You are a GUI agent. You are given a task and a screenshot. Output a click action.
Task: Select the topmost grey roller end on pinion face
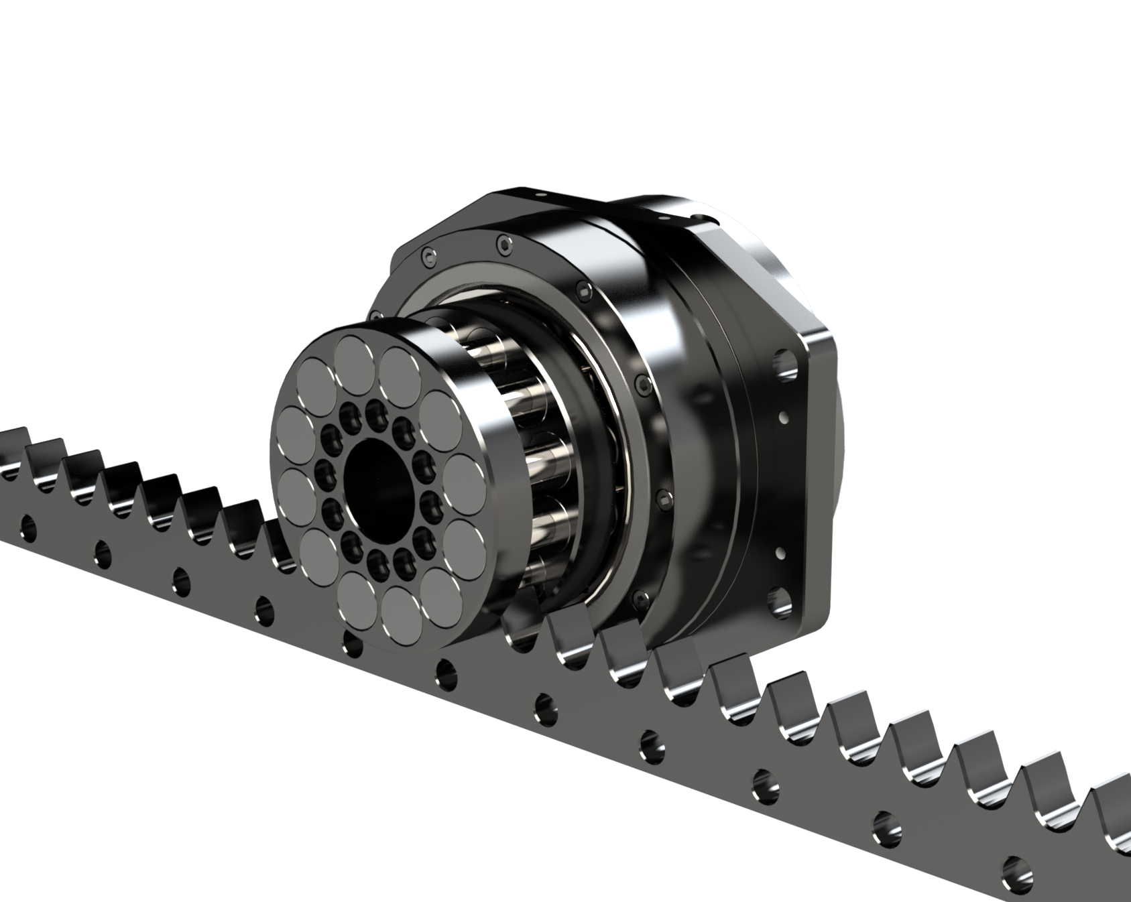coord(355,357)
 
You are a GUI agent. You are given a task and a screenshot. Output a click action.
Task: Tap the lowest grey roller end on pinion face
coord(402,615)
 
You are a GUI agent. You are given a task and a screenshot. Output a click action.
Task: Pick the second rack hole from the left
coord(103,552)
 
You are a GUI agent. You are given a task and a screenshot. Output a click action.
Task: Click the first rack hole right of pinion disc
coord(445,669)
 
